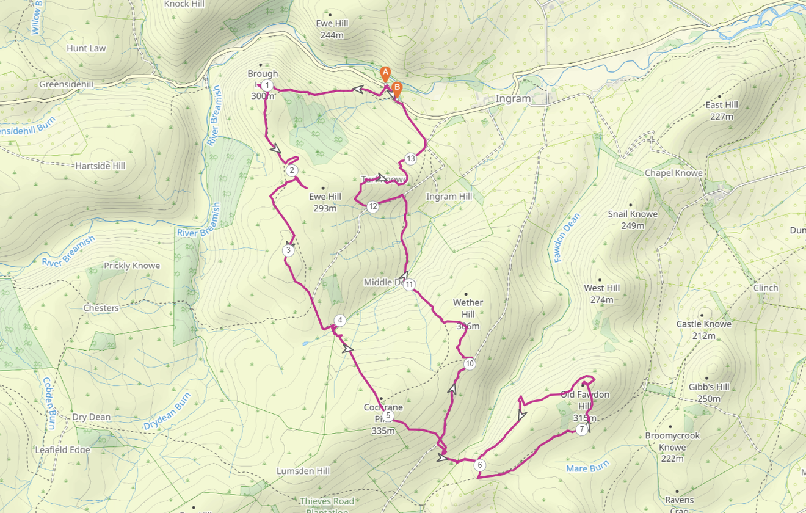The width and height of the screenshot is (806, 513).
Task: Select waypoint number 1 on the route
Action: coord(267,85)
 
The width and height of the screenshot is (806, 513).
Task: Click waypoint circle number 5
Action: coord(388,416)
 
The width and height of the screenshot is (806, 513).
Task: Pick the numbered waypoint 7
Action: coord(581,430)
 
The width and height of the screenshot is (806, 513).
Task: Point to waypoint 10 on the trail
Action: coord(469,364)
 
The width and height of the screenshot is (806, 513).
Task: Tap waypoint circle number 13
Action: coord(410,159)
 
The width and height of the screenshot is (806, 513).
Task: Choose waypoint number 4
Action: coord(340,321)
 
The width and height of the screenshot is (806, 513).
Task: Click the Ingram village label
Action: coord(513,99)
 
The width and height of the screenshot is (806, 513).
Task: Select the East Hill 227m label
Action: coord(722,111)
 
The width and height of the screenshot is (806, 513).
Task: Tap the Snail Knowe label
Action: coord(633,214)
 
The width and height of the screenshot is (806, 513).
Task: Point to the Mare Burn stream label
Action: coord(587,468)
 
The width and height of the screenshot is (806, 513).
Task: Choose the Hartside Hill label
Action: coord(100,166)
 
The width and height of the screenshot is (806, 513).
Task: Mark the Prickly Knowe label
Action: coord(132,266)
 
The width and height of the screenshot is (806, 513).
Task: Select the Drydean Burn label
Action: coord(167,411)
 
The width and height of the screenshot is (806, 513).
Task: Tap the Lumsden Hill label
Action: coord(303,471)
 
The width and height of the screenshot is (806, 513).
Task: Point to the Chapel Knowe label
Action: coord(673,173)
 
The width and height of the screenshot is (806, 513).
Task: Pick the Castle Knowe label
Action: coord(703,324)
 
